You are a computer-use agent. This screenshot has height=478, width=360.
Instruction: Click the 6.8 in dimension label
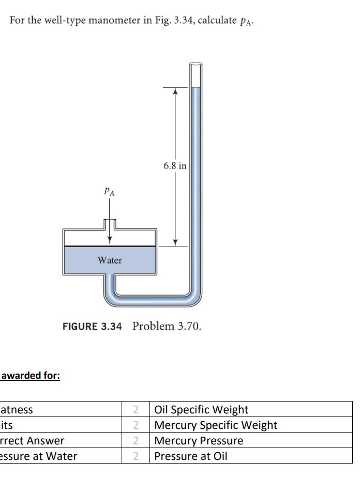point(175,166)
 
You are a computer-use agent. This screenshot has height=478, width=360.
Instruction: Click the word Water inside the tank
point(110,260)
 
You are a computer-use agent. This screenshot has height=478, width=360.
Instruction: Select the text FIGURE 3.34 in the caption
point(92,327)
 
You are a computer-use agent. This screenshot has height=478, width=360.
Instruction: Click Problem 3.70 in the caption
point(167,327)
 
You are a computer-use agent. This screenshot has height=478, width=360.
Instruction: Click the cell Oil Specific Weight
point(201,410)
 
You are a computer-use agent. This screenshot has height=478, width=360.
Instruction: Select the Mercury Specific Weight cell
point(216,425)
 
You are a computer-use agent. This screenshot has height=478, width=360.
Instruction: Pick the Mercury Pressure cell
point(199,441)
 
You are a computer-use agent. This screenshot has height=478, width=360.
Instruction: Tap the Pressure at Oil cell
point(190,456)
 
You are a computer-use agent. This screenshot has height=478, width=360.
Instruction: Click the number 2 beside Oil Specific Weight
point(136,410)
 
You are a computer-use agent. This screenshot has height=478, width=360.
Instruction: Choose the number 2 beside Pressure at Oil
point(136,456)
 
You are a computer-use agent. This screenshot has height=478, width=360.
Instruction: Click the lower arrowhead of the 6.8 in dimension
point(175,242)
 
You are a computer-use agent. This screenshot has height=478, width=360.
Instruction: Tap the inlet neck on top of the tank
point(110,224)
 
